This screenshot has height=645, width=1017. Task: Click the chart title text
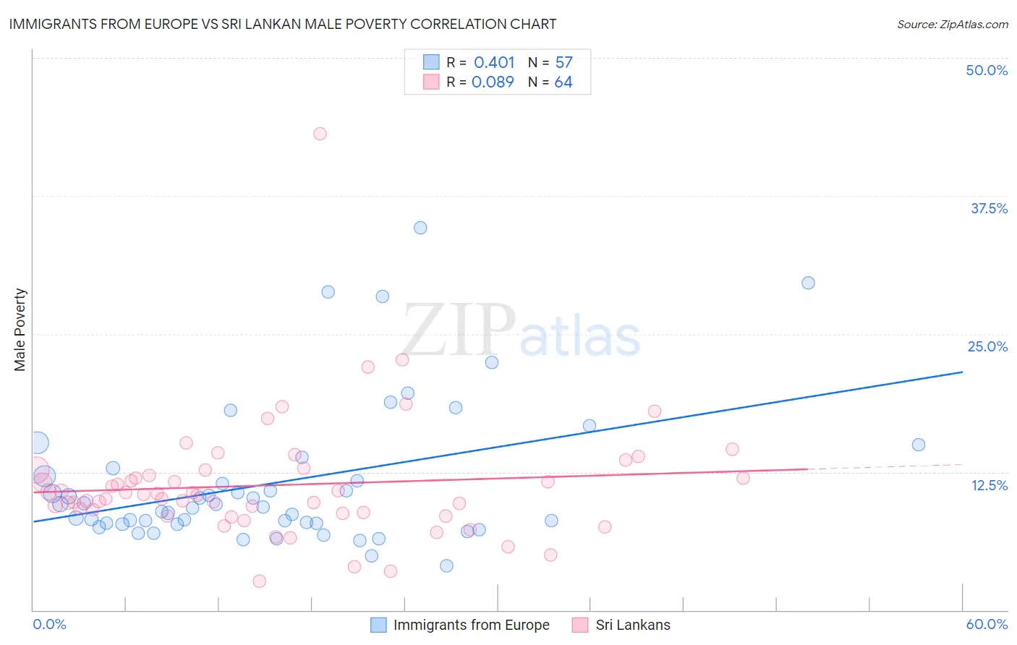point(283,24)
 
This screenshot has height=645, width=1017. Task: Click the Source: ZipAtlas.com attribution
point(952,24)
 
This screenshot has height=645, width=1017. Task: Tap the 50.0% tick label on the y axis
point(987,70)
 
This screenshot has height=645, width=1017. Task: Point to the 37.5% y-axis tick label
point(989,208)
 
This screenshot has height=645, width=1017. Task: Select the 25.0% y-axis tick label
point(987,346)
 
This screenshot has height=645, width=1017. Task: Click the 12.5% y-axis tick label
point(989,485)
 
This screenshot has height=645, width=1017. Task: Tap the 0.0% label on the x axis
point(49,624)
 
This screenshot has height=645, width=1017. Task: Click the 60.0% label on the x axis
point(987,624)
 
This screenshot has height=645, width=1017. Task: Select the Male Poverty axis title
point(20,330)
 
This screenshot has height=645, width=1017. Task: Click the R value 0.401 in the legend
point(494,63)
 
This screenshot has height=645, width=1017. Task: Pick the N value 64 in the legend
point(563,82)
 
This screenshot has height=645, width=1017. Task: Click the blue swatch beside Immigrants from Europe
point(378,625)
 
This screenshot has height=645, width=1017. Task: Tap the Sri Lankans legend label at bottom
point(632,625)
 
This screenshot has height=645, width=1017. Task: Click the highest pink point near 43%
point(320,134)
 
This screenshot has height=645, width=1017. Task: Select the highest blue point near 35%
point(420,228)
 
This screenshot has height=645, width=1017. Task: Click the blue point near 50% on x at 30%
point(808,283)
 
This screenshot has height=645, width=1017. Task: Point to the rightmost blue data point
point(919,445)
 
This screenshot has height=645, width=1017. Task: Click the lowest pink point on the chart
point(259,581)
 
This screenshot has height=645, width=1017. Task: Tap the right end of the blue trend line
point(962,372)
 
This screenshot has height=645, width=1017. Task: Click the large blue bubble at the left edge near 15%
point(38,443)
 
